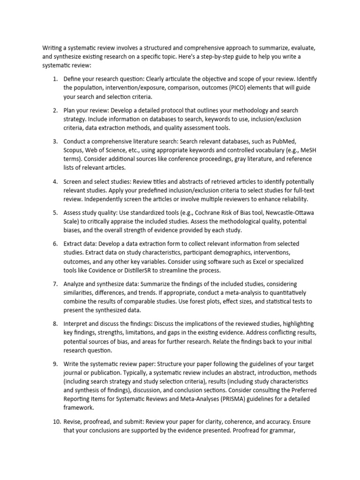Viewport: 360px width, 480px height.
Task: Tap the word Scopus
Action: pos(75,150)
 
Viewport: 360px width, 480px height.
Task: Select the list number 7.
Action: pos(54,284)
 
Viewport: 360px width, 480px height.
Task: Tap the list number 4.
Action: pos(54,181)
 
